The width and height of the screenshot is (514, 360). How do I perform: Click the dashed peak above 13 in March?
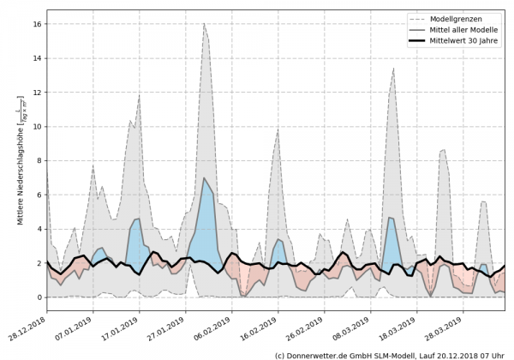[x=393, y=69]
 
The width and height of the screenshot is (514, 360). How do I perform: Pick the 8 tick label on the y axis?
[x=38, y=161]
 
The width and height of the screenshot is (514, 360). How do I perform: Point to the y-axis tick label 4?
[x=38, y=229]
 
